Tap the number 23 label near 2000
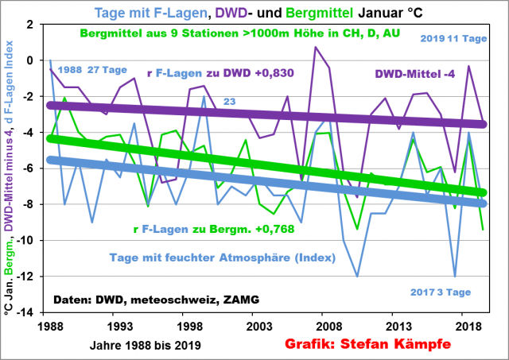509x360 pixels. click(230, 102)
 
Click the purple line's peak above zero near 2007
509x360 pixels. click(316, 47)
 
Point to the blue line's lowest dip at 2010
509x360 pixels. click(356, 276)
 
